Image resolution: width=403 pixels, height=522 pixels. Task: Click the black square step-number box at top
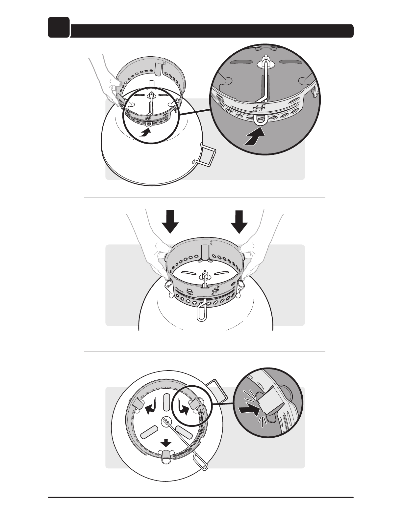point(59,27)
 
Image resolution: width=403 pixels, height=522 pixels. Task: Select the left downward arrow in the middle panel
point(170,222)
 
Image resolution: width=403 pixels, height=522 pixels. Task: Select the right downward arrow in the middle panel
point(239,222)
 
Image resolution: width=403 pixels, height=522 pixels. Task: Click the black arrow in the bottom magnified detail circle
point(249,410)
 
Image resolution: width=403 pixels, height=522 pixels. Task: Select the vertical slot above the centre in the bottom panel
point(165,402)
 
